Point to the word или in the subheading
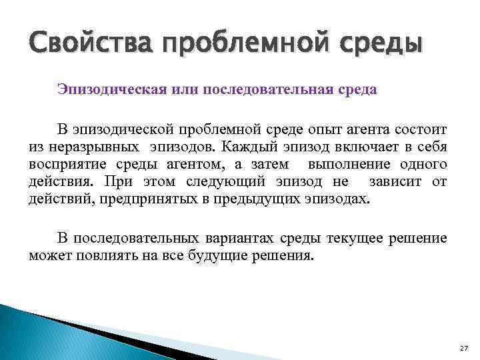pos(175,89)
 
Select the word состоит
pos(421,128)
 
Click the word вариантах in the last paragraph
pos(261,238)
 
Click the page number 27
pos(464,348)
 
